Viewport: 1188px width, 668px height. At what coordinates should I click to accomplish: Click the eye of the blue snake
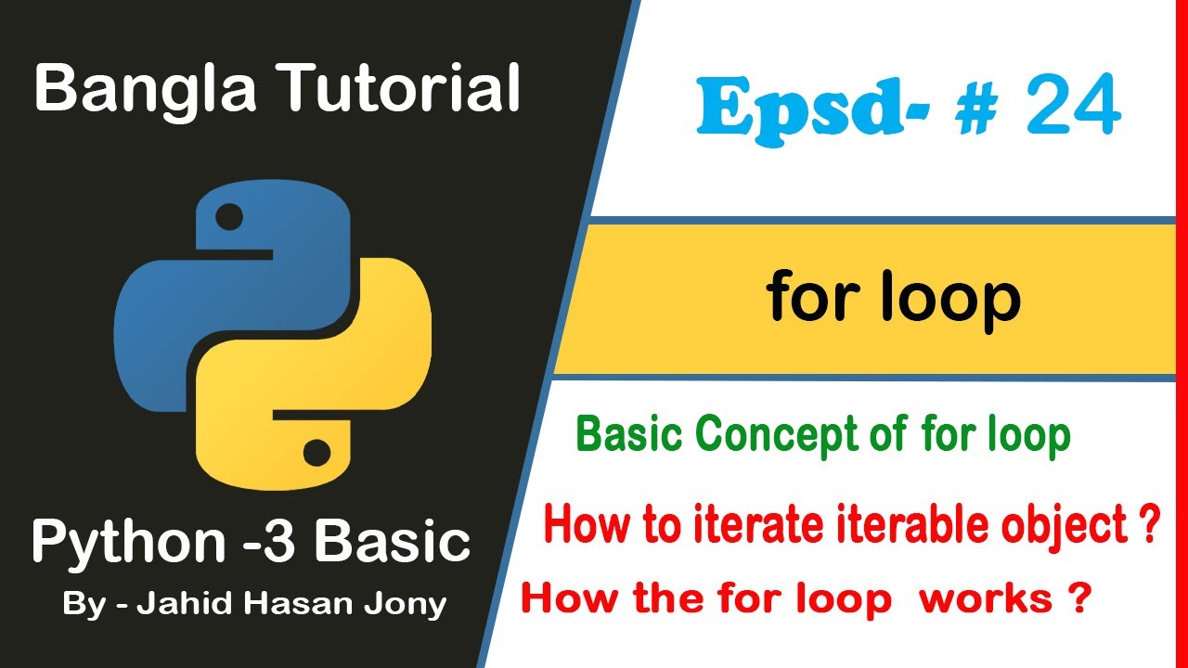[x=229, y=218]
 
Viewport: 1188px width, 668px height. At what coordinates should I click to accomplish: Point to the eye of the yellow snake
[x=316, y=453]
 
